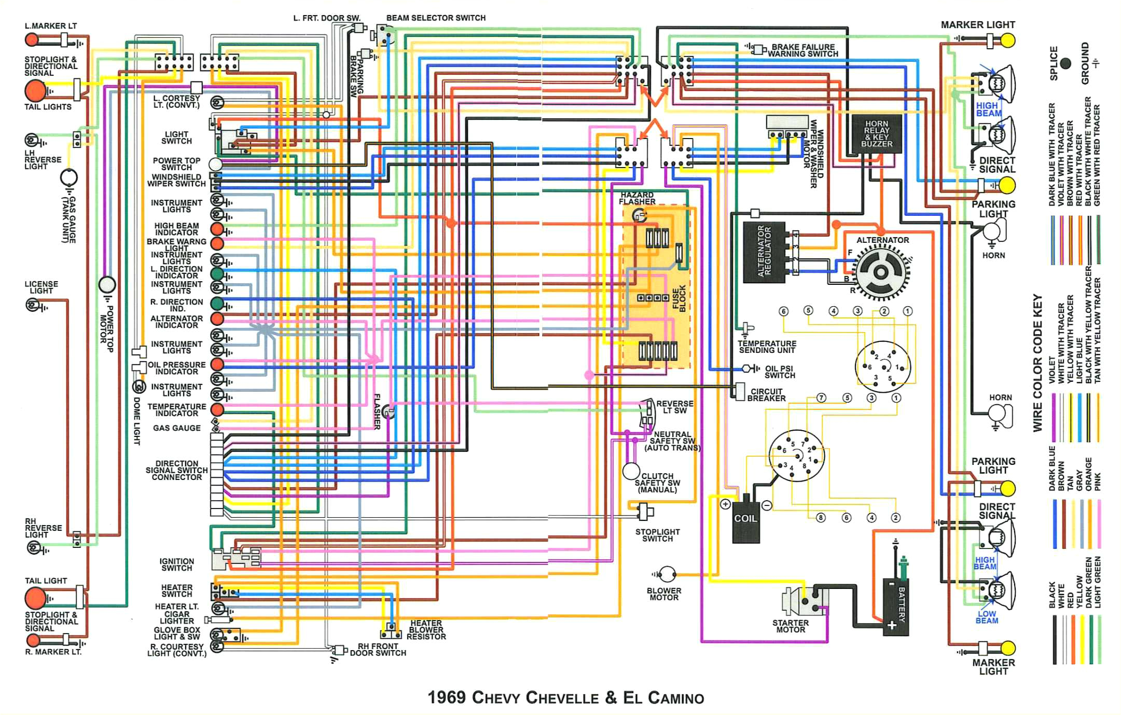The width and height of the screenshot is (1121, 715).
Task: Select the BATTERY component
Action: click(896, 607)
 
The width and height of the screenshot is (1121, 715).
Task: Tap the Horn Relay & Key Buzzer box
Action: click(876, 134)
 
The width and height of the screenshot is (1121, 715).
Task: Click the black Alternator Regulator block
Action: click(764, 252)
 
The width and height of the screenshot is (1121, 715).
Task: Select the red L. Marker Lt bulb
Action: click(32, 39)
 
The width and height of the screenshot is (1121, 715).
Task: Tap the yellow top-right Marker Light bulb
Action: click(1007, 40)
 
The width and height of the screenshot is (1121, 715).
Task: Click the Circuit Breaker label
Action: click(766, 395)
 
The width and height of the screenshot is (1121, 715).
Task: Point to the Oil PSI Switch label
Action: click(779, 372)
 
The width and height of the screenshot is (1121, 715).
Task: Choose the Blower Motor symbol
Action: click(667, 574)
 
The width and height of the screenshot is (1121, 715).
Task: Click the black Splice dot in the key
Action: click(1065, 63)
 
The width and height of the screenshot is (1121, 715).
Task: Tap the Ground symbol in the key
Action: click(1095, 63)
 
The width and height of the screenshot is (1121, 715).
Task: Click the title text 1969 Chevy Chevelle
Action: click(565, 697)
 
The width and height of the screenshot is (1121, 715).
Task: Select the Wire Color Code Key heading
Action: click(1037, 363)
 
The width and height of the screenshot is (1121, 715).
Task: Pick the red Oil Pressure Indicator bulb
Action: click(217, 365)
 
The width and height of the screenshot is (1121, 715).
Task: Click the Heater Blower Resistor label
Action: click(426, 630)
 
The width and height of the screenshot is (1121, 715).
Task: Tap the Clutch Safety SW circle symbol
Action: click(631, 471)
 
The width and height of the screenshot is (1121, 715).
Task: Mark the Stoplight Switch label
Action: click(657, 535)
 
